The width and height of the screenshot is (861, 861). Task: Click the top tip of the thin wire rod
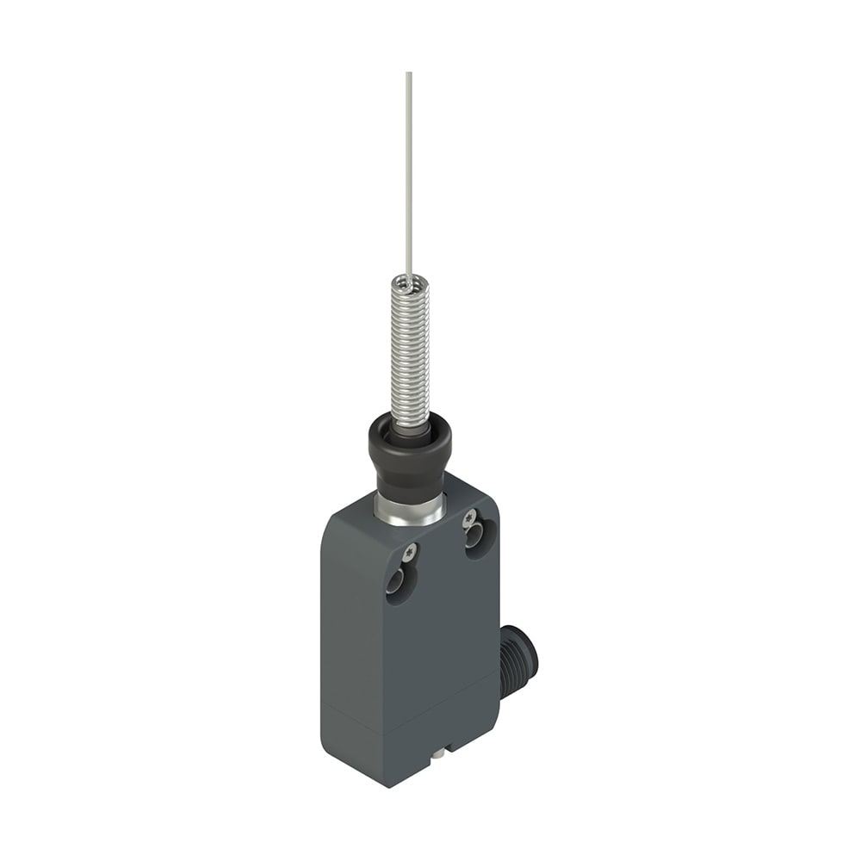(408, 74)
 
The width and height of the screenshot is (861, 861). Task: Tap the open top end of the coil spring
(409, 281)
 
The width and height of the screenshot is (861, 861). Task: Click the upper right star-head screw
(469, 518)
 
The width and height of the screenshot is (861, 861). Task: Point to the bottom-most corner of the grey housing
(388, 786)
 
